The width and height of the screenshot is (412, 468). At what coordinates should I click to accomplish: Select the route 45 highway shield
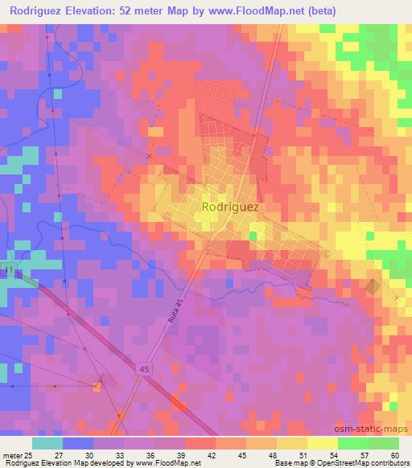click(142, 367)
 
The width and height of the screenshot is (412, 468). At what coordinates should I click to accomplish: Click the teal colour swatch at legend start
click(47, 443)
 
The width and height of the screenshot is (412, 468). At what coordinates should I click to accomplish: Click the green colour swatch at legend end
click(383, 443)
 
